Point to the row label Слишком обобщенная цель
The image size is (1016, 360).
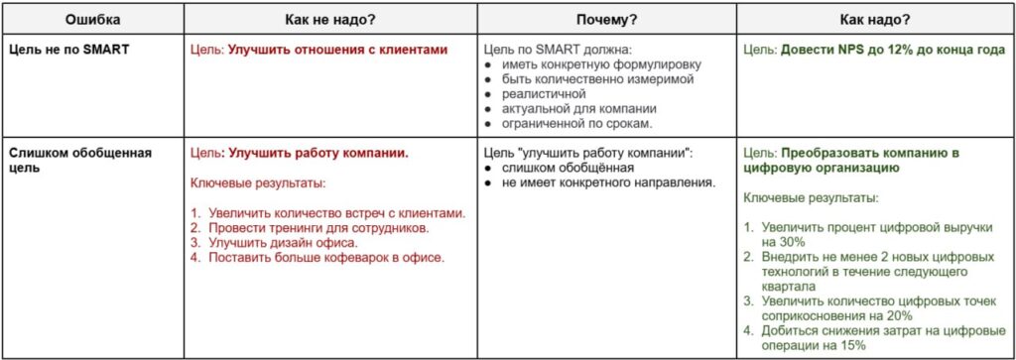79,161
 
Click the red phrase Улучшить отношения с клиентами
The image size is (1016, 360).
337,48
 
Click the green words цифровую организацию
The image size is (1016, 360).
822,169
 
